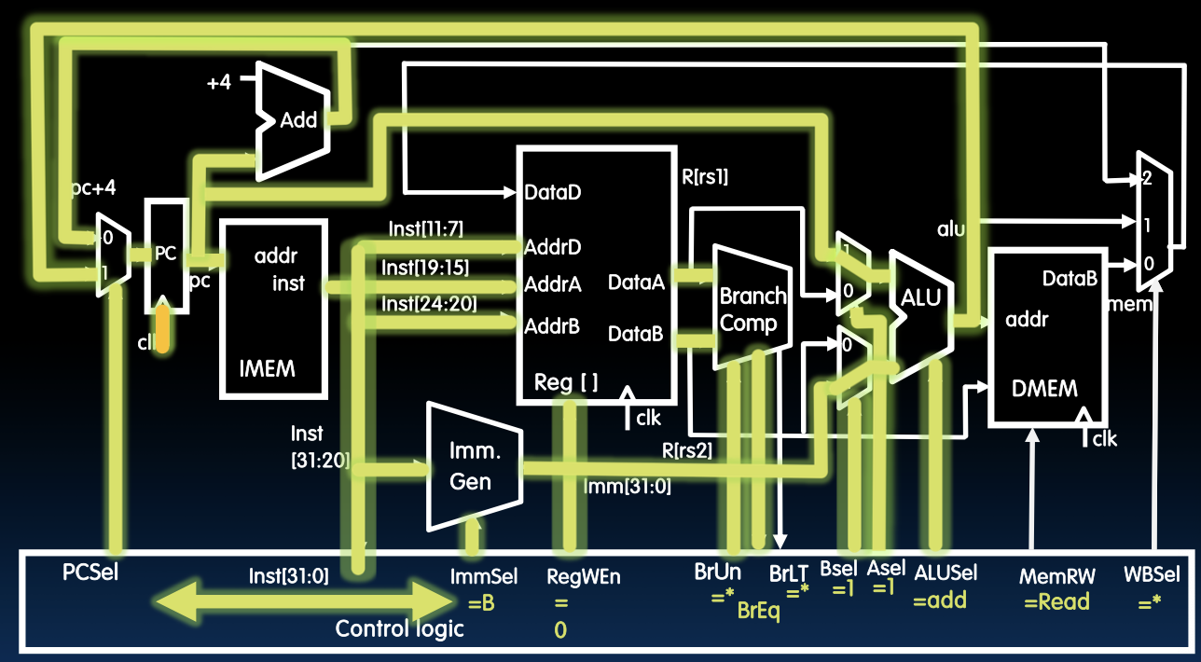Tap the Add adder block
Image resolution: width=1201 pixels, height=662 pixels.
(x=298, y=119)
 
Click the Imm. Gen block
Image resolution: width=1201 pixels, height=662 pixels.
(x=470, y=466)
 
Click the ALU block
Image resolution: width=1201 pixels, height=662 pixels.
(x=919, y=298)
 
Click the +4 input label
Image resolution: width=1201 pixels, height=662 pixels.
(x=218, y=83)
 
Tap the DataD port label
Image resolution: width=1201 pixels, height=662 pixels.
(x=556, y=193)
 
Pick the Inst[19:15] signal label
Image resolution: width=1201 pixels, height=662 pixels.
(x=424, y=269)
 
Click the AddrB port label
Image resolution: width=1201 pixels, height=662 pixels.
(x=552, y=325)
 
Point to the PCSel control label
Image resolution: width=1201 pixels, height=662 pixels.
(x=90, y=570)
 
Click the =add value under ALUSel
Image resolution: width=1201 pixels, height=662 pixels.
(x=940, y=601)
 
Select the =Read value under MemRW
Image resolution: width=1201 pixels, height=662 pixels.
(x=1056, y=601)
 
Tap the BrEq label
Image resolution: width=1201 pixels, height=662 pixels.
(x=759, y=611)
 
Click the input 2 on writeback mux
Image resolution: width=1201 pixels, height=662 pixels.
(x=1146, y=179)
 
